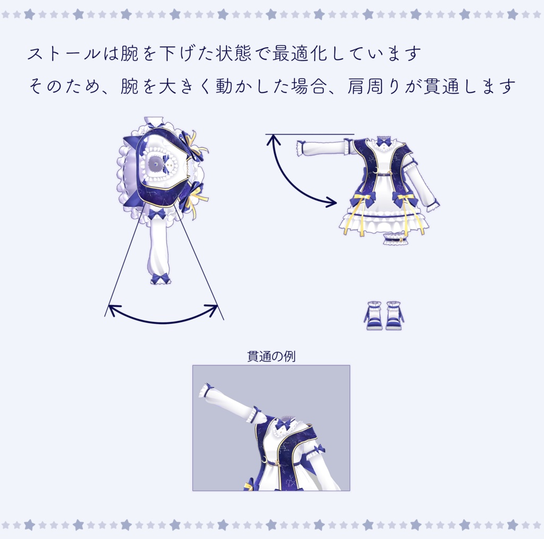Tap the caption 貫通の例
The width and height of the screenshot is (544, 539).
click(271, 356)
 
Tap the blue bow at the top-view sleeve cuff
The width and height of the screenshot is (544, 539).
click(160, 278)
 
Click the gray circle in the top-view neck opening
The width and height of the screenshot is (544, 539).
click(155, 163)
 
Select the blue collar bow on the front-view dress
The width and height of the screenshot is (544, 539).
click(384, 141)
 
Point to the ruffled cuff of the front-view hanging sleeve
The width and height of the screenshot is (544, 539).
click(432, 205)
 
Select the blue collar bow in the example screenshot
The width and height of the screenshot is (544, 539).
click(285, 424)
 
